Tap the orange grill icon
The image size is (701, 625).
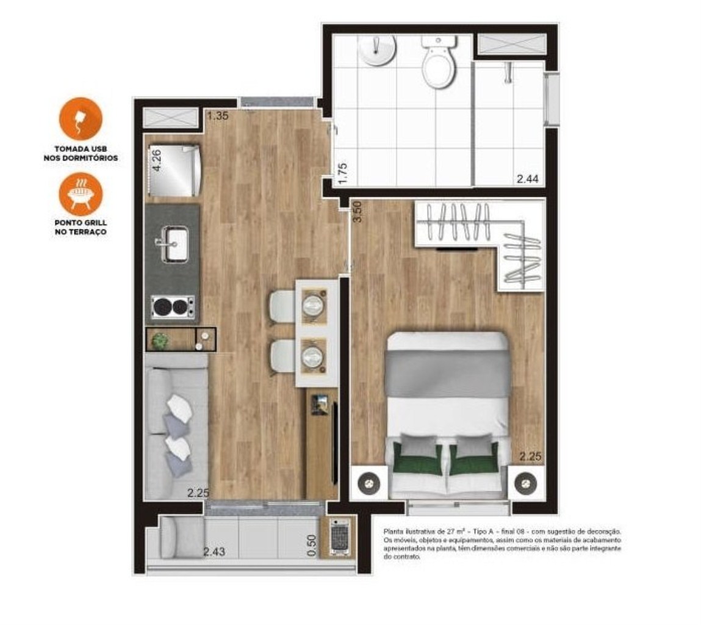pyautogui.click(x=81, y=193)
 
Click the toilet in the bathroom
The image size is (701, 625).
pyautogui.click(x=439, y=63)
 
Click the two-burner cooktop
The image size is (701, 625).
pyautogui.click(x=173, y=306)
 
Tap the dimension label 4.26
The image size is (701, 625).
pyautogui.click(x=157, y=161)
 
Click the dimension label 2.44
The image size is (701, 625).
pyautogui.click(x=528, y=179)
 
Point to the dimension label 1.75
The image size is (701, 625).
pyautogui.click(x=342, y=173)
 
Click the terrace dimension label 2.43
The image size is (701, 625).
pyautogui.click(x=214, y=552)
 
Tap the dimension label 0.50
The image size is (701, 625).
pyautogui.click(x=312, y=546)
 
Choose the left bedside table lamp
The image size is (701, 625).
pyautogui.click(x=368, y=484)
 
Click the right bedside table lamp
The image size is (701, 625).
pyautogui.click(x=525, y=484)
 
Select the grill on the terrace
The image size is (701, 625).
pyautogui.click(x=337, y=538)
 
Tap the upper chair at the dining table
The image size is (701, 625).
pyautogui.click(x=282, y=305)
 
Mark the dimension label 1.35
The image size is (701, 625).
pyautogui.click(x=217, y=115)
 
